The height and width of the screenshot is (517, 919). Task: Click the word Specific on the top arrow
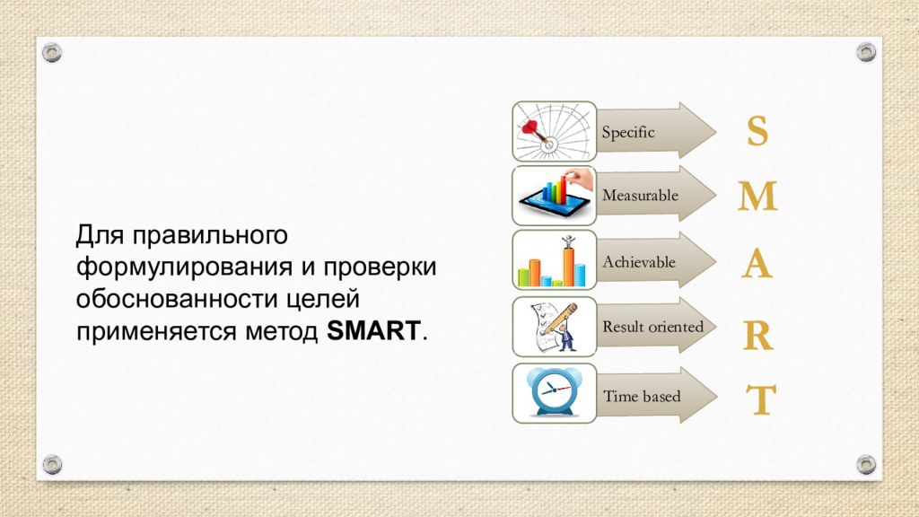click(627, 132)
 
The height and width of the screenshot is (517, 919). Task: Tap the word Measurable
click(640, 195)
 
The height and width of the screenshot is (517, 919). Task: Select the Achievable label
click(639, 262)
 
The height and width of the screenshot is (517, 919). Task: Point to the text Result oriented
click(653, 327)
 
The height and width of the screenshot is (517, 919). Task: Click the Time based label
click(642, 396)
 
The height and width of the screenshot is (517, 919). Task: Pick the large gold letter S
click(757, 131)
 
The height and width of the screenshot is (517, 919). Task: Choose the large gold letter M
click(757, 196)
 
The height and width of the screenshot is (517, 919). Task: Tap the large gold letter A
click(757, 263)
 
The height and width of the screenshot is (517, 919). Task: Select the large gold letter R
click(757, 336)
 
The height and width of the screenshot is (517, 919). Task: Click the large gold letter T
click(761, 399)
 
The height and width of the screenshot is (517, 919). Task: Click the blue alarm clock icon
click(552, 391)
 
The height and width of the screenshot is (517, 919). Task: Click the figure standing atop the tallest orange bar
click(568, 241)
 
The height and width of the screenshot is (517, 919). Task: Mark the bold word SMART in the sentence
click(373, 330)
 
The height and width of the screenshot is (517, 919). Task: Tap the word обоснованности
click(177, 299)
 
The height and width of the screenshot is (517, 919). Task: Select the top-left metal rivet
click(52, 53)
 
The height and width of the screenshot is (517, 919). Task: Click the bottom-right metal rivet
click(866, 465)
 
